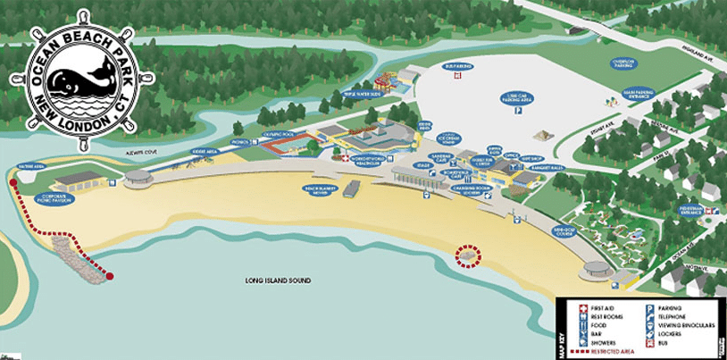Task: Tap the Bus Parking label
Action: pos(456,65)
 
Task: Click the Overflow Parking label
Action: pos(622,63)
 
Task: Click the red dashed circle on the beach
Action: pos(466,255)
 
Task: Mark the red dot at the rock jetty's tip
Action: pos(109,276)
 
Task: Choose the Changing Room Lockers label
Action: pos(467,189)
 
